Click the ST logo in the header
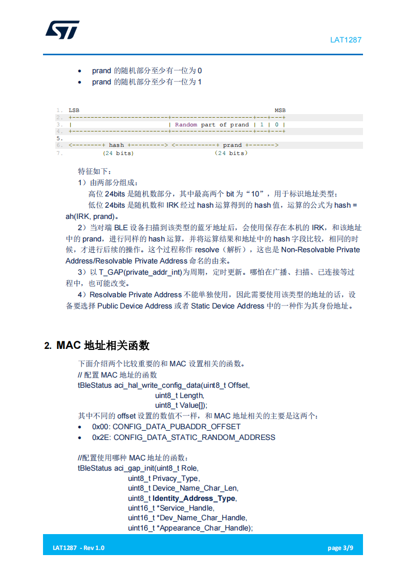tap(62, 30)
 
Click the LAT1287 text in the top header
tap(346, 40)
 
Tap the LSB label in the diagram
tap(74, 111)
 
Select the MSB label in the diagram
tap(280, 111)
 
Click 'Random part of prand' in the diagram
tap(212, 124)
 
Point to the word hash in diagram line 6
tap(116, 145)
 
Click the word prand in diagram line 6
tap(232, 145)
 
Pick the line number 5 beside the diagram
tap(59, 139)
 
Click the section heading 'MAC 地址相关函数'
tap(102, 345)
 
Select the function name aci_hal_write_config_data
tap(156, 385)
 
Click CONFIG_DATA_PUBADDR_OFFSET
tap(176, 427)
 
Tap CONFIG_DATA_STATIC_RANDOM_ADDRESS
tap(194, 437)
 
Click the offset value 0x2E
tap(100, 437)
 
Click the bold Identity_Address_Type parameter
tap(194, 498)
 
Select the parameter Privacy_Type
tap(175, 478)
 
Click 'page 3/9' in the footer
tap(340, 548)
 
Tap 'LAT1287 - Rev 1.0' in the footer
tap(78, 548)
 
